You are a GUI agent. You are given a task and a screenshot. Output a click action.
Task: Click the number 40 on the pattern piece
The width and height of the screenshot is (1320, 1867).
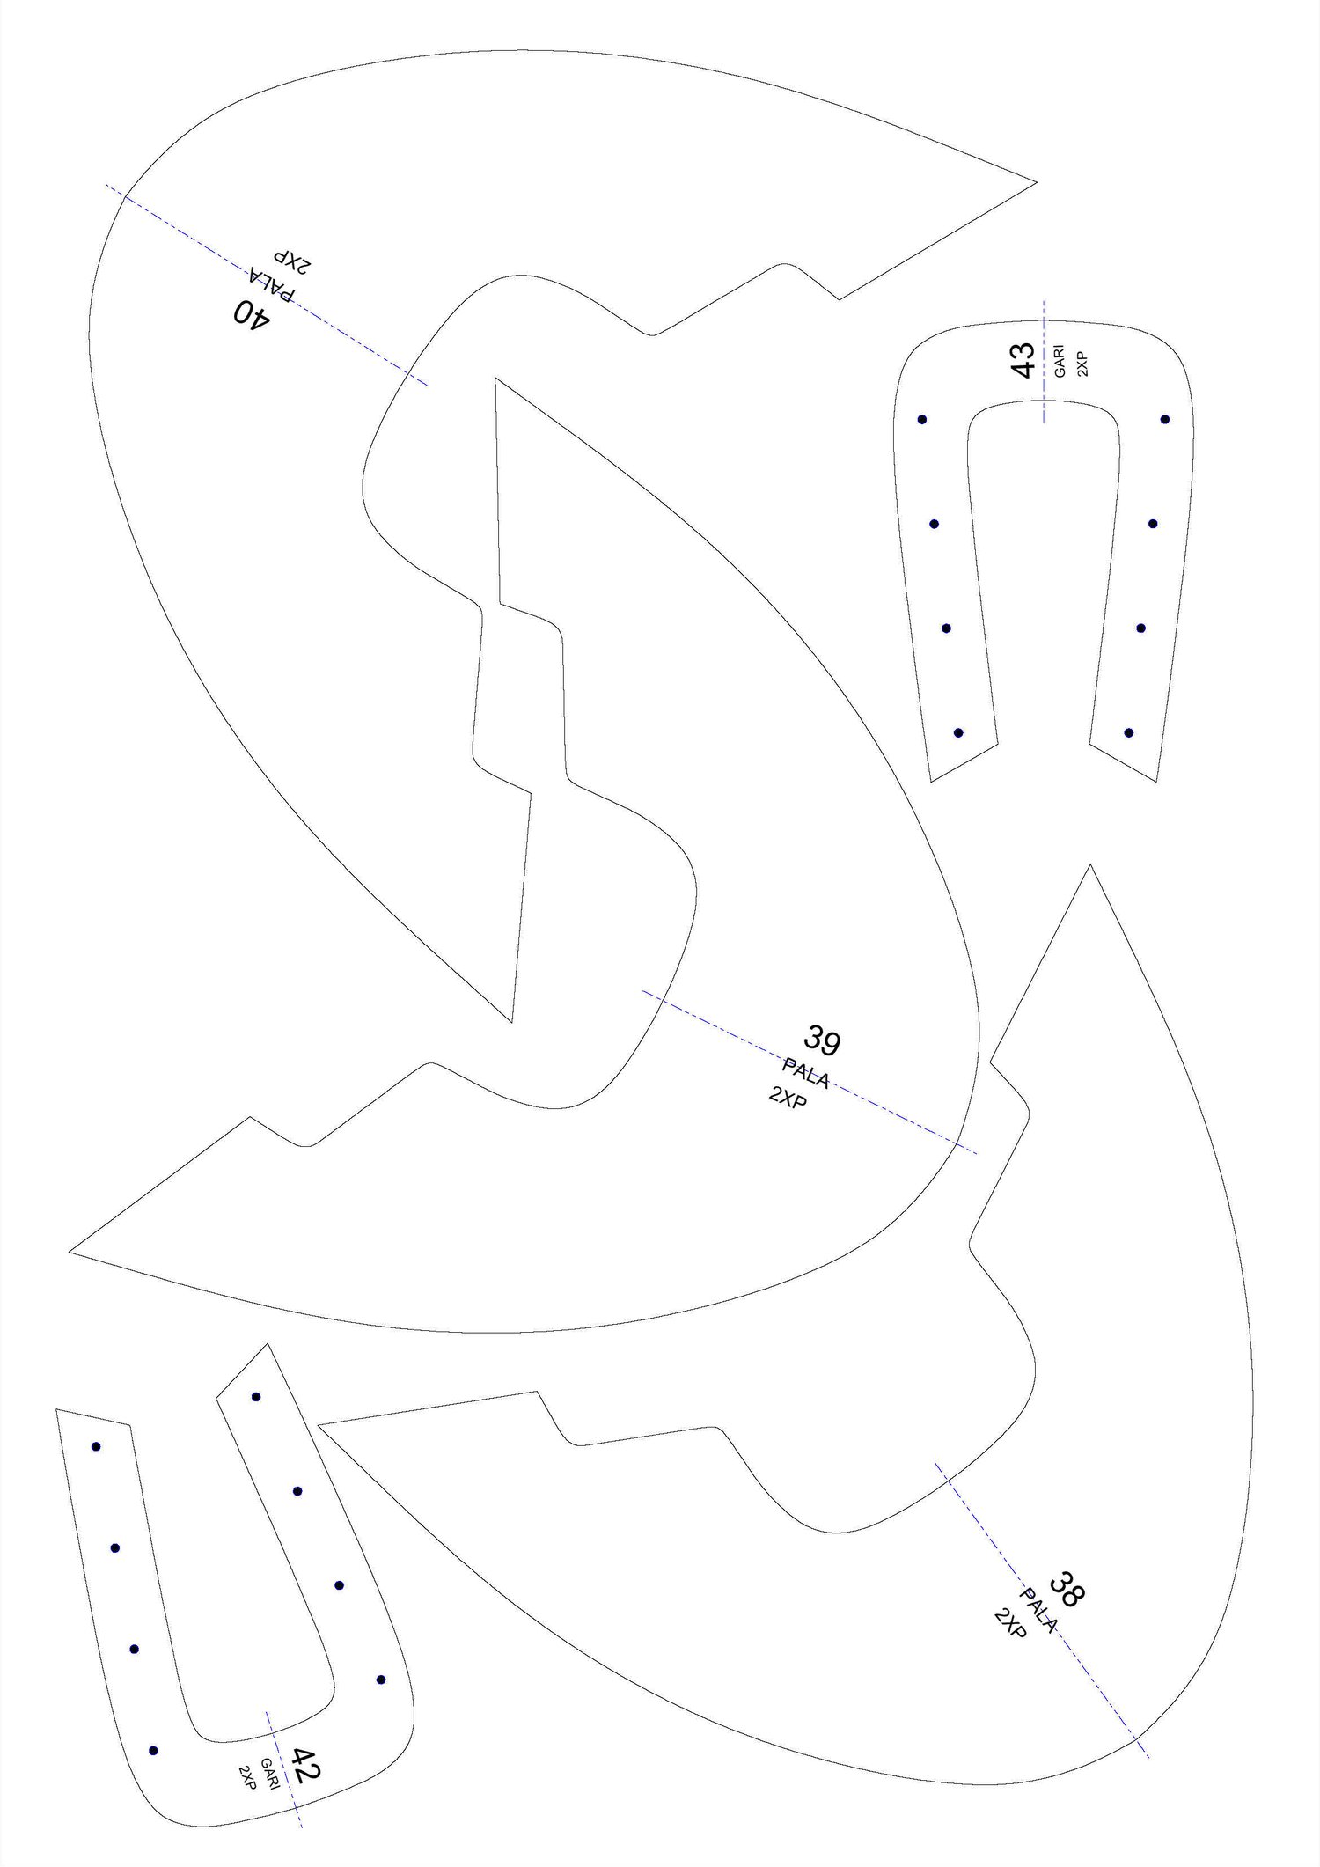[x=252, y=312]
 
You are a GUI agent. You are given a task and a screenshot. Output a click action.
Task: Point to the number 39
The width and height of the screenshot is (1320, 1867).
[x=822, y=1040]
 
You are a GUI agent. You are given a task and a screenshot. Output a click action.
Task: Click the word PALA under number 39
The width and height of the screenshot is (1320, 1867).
[x=806, y=1073]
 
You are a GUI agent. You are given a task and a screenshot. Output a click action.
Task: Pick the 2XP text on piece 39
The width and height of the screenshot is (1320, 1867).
[x=788, y=1098]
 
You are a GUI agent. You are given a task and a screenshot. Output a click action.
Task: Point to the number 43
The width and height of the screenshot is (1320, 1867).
[x=1023, y=361]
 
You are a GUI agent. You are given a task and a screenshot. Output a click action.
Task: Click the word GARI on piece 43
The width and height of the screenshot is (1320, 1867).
[x=1060, y=361]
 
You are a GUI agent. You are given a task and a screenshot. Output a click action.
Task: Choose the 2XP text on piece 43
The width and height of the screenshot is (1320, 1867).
[x=1082, y=364]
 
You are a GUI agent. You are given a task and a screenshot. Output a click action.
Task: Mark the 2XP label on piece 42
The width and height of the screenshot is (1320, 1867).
[x=247, y=1777]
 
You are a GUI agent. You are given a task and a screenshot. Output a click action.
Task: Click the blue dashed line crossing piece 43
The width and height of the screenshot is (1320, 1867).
[x=1044, y=361]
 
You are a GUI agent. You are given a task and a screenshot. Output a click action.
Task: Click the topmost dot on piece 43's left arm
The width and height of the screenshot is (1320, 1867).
[x=922, y=420]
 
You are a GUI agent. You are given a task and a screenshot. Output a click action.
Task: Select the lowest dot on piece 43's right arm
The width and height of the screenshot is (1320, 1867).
[x=1129, y=732]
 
